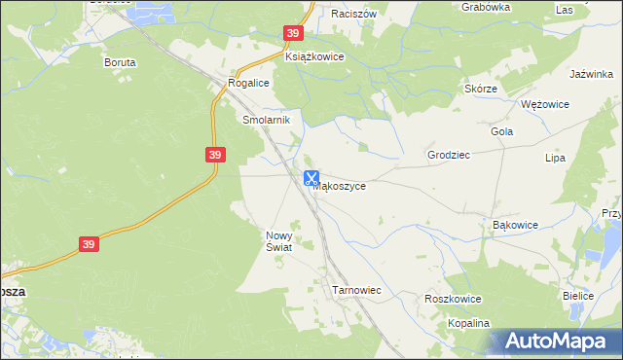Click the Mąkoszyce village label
tap(340, 187)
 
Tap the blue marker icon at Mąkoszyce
tap(311, 179)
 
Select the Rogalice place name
tap(248, 84)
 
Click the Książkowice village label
tap(314, 57)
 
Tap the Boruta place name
tap(120, 61)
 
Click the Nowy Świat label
tap(279, 241)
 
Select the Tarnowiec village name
tap(355, 291)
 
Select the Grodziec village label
tap(449, 155)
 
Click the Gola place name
tap(502, 131)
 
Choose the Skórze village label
tap(481, 89)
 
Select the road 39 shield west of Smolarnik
tap(216, 155)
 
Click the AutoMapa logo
tap(555, 341)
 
